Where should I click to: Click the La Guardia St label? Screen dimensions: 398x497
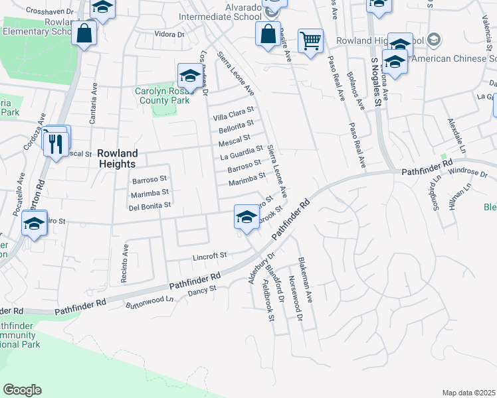coord(243,154)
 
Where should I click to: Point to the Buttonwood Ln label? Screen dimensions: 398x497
coord(150,302)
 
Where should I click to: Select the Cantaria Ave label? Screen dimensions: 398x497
coord(94,104)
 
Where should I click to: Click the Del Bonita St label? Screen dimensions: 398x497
coord(150,206)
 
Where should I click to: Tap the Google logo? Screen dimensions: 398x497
coord(23,390)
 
